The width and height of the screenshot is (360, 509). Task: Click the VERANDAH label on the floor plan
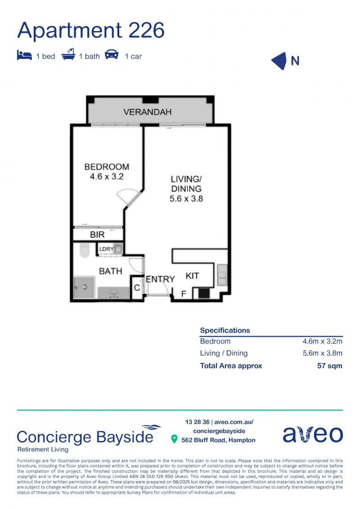coord(147,112)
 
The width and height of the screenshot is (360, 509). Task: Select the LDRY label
coord(106,249)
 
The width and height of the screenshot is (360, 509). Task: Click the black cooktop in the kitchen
coord(204,293)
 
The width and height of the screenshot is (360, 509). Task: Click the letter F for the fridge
coord(184,294)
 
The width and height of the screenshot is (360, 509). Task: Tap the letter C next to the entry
coord(137,287)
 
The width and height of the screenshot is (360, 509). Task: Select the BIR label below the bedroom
coord(97,234)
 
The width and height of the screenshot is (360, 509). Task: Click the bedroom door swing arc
coord(128,195)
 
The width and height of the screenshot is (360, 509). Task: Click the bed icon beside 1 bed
coord(24,56)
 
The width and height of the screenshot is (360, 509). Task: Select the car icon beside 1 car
coord(112,55)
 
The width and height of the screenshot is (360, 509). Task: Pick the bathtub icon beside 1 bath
coord(68,55)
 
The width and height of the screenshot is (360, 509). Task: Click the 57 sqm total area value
coord(329,366)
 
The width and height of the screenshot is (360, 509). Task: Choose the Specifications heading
coord(225,330)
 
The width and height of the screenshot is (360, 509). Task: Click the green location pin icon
coord(174,439)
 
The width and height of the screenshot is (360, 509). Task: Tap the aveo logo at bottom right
coord(312,435)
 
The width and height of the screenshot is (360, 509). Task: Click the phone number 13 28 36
coord(197,422)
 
